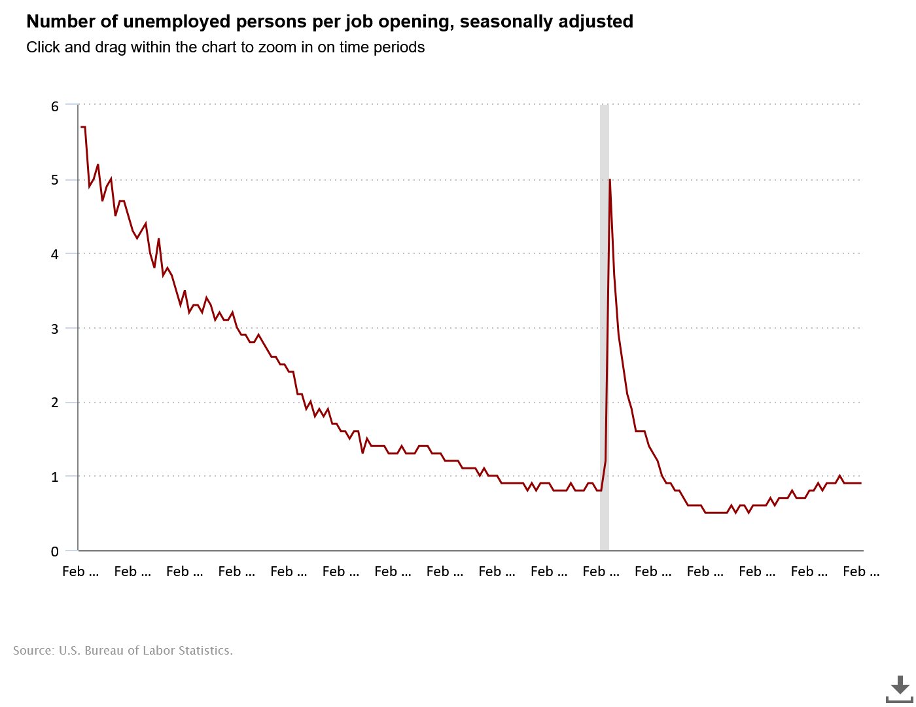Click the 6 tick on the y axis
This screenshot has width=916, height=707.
[55, 106]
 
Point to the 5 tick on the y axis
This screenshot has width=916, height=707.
[55, 180]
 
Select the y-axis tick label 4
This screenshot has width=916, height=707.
[55, 254]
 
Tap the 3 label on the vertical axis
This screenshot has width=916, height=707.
[55, 329]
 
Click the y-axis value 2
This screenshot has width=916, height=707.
[55, 403]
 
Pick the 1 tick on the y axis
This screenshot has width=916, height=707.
[55, 477]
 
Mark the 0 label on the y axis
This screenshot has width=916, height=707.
[55, 551]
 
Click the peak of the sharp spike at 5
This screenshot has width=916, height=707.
[610, 180]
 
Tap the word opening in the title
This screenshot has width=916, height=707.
[420, 22]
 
